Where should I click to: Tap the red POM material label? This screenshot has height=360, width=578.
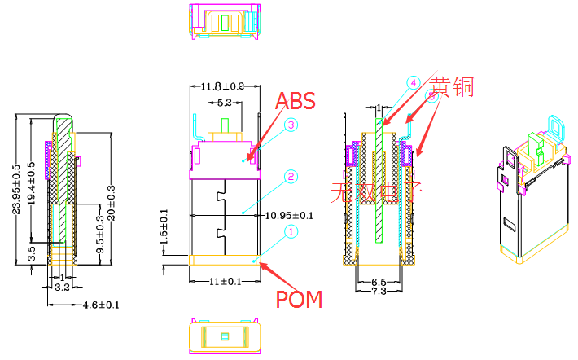(299, 299)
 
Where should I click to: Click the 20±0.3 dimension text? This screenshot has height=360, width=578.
(112, 201)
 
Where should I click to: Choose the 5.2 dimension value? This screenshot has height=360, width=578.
(224, 103)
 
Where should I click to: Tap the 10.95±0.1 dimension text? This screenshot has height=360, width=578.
(291, 215)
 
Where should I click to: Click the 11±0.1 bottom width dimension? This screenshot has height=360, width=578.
(224, 281)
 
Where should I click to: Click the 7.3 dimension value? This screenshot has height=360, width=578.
(379, 291)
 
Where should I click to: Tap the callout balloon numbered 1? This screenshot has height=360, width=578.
(289, 232)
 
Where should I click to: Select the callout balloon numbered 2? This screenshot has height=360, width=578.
(289, 177)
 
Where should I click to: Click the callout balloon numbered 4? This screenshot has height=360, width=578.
(413, 83)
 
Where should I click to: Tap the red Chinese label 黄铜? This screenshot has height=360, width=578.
(453, 86)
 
